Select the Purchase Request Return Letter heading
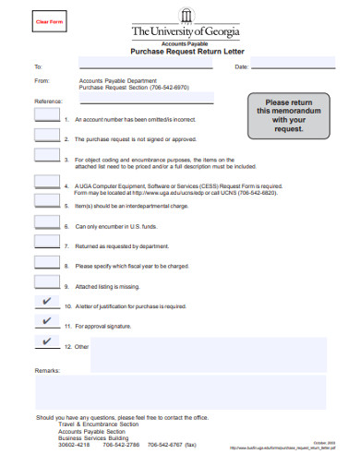[186, 55]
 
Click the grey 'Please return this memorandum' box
[289, 115]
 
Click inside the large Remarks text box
[180, 392]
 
